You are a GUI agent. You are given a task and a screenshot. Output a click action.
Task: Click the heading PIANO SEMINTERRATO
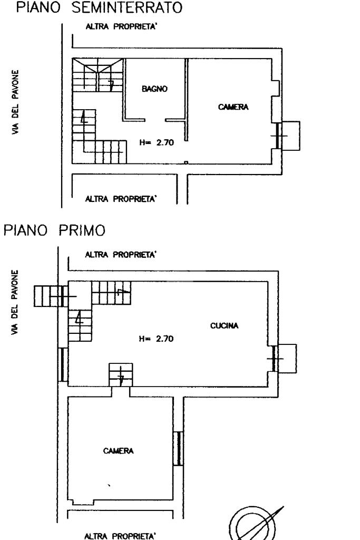[100, 8]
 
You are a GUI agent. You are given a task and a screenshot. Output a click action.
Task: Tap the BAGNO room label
[154, 90]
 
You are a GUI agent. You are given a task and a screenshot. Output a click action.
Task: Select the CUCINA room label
[224, 326]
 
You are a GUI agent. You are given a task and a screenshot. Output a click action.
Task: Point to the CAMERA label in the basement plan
[233, 107]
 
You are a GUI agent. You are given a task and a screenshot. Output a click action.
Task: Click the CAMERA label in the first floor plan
[119, 451]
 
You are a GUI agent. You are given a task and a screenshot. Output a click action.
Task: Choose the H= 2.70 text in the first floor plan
[156, 339]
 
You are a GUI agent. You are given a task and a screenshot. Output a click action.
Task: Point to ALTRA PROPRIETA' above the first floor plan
[121, 255]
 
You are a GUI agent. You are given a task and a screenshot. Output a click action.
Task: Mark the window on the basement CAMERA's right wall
[278, 137]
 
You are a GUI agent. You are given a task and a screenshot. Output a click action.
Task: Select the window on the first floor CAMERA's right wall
[179, 448]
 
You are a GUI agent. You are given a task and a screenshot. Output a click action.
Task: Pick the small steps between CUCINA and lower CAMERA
[121, 375]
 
